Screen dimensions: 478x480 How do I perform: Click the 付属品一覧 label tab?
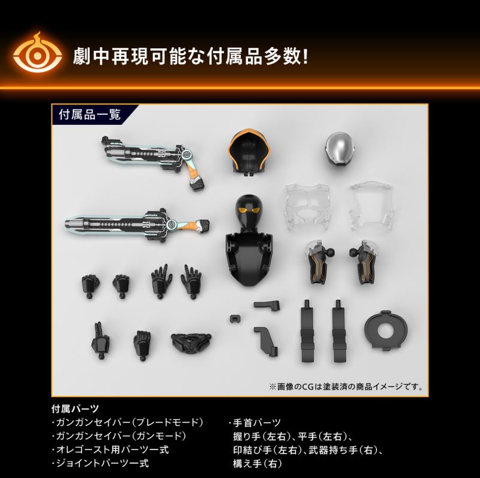pyautogui.click(x=90, y=114)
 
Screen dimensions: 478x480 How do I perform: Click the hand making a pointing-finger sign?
pyautogui.click(x=100, y=338)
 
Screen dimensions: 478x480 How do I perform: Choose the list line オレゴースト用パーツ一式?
pyautogui.click(x=111, y=449)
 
